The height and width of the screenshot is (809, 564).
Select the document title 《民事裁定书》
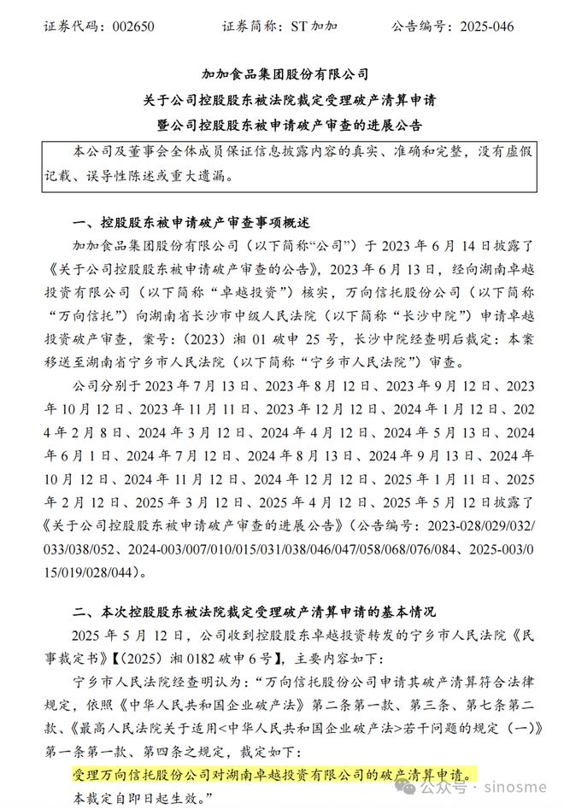pyautogui.click(x=511, y=635)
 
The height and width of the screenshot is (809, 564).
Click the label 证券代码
pyautogui.click(x=70, y=26)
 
